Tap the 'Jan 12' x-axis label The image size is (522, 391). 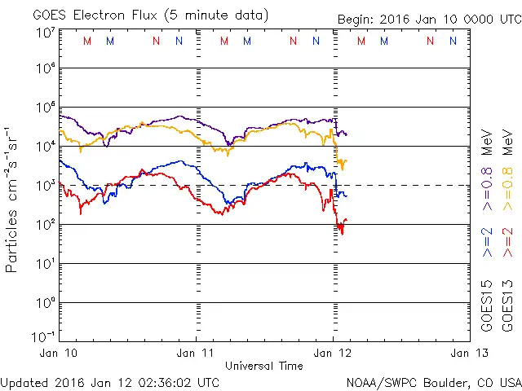(332, 354)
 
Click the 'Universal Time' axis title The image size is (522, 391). (263, 366)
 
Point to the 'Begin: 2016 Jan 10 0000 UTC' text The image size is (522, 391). (429, 19)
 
